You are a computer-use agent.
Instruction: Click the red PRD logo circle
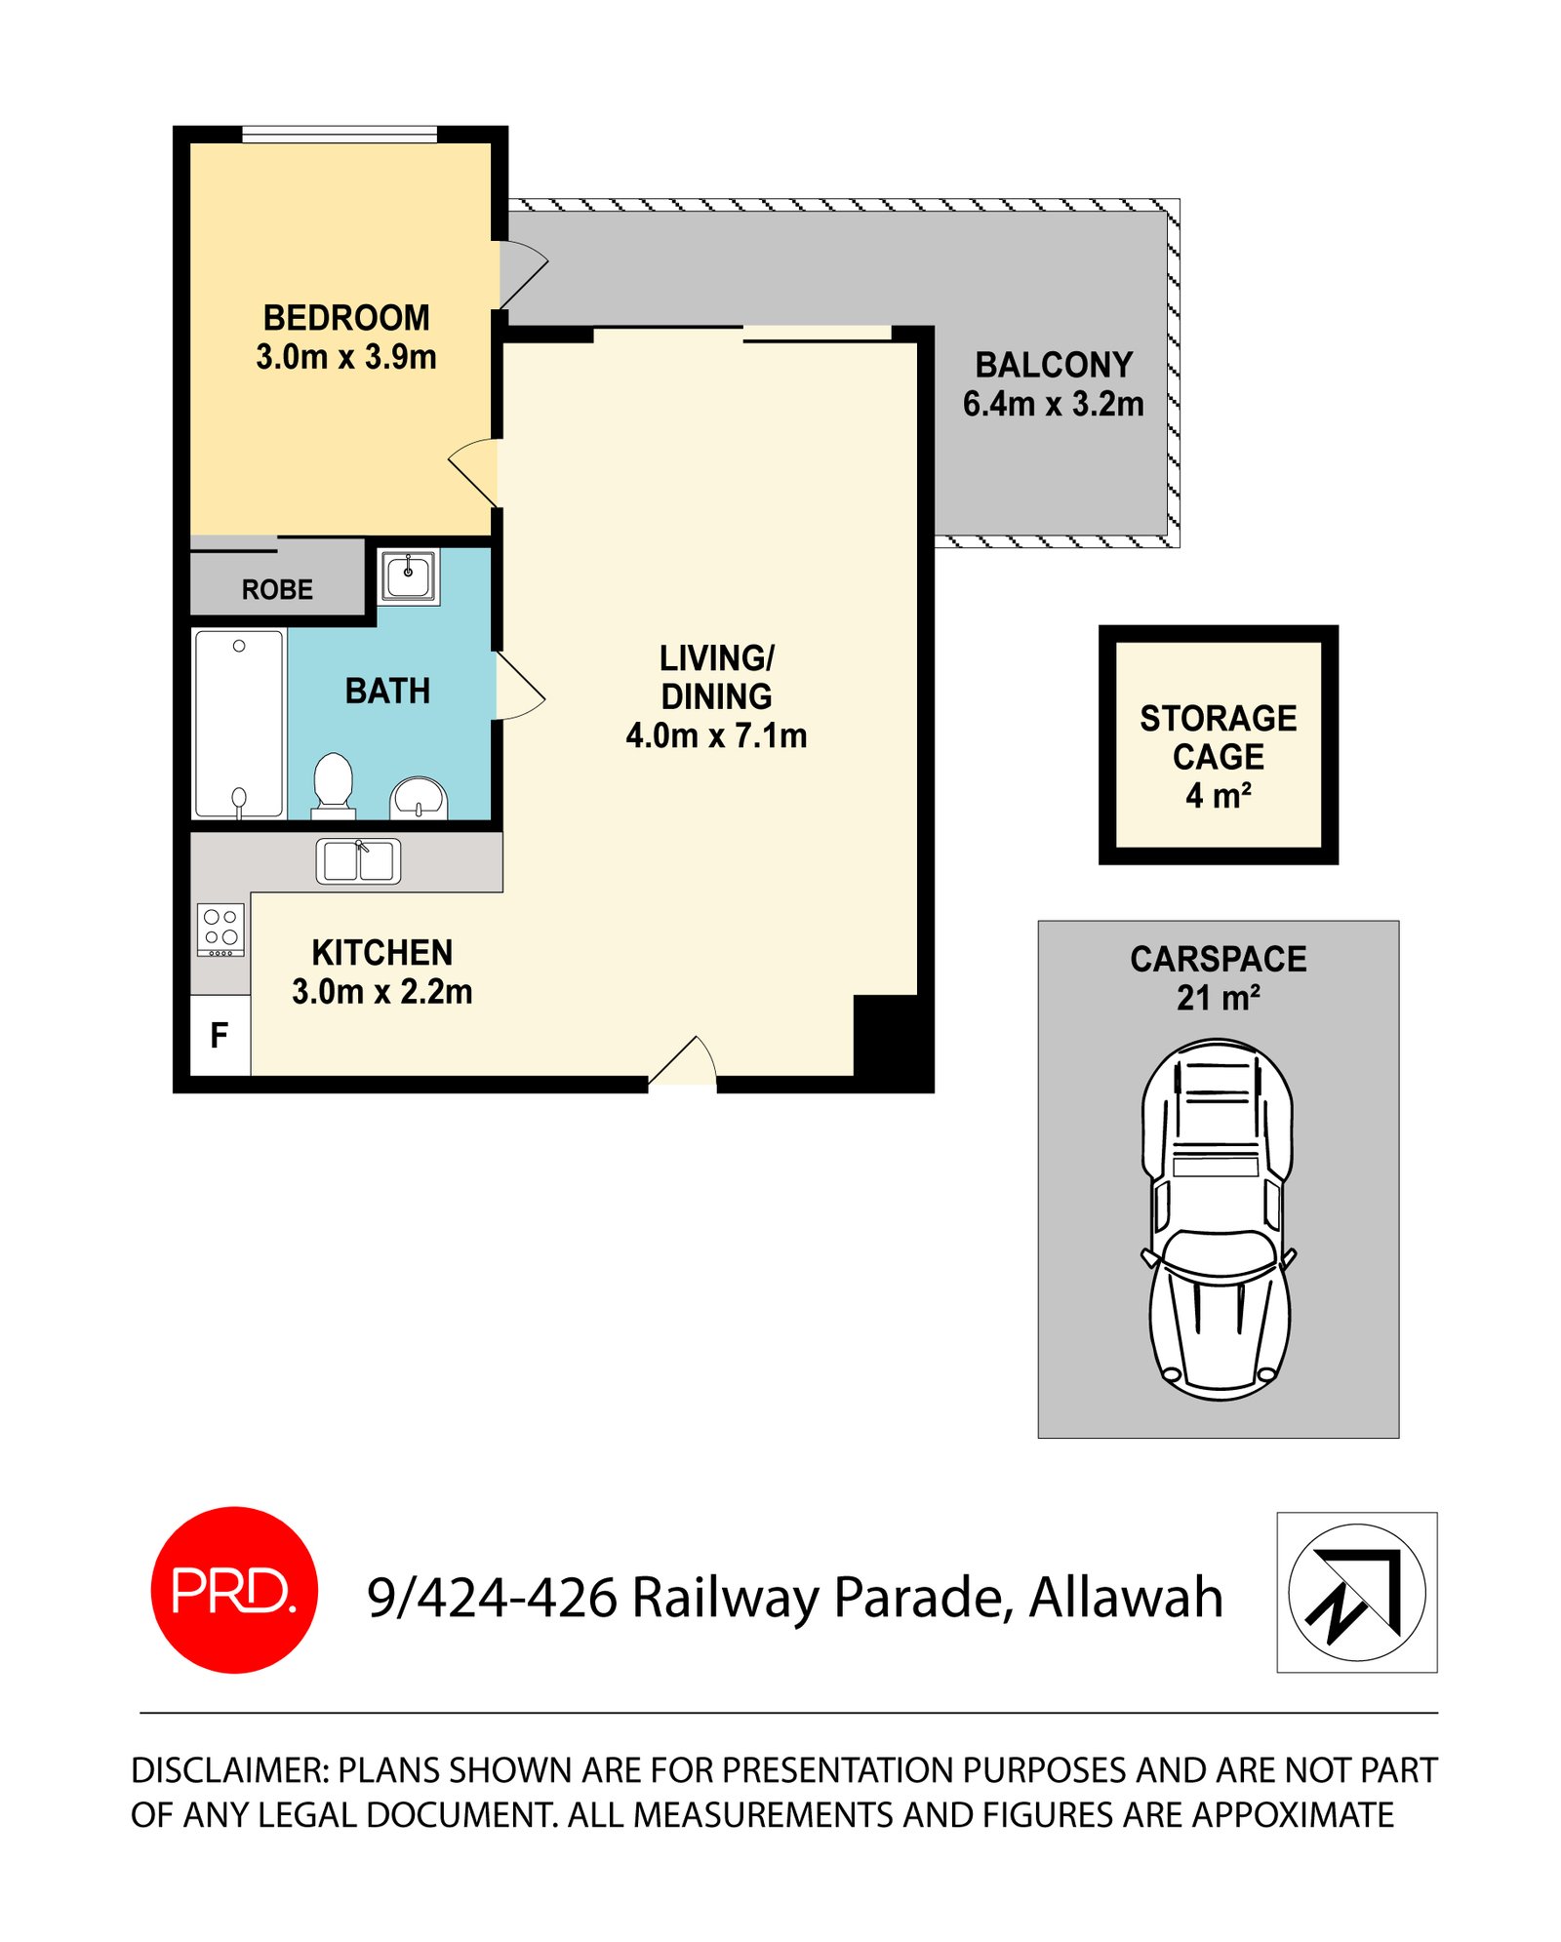pos(234,1590)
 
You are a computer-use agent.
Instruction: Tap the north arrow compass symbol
pos(1356,1592)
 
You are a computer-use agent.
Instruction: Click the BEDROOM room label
pos(346,318)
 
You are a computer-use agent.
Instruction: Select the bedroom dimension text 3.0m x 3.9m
pos(346,357)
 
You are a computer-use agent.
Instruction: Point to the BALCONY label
pos(1054,365)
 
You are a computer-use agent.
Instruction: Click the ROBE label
pos(277,589)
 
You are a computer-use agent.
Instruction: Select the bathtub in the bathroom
pos(239,724)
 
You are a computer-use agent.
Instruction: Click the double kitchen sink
pos(358,861)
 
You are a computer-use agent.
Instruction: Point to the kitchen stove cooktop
pos(220,930)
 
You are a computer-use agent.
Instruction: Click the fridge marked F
pos(220,1035)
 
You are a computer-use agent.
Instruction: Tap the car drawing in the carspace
pos(1219,1219)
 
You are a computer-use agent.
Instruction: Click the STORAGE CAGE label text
pos(1219,737)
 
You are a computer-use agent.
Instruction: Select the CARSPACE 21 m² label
pos(1219,978)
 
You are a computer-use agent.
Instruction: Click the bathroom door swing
pos(519,687)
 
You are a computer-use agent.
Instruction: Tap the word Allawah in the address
pos(1126,1598)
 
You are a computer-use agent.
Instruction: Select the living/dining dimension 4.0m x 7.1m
pos(716,735)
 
